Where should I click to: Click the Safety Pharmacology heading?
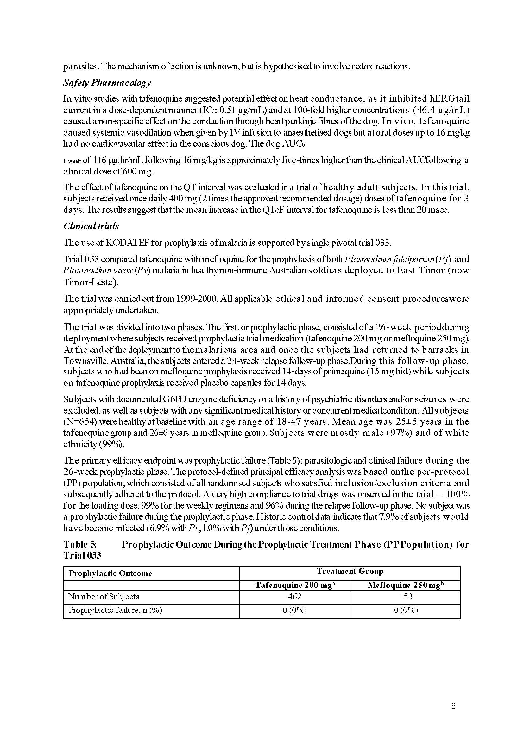[107, 83]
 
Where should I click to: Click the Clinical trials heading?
[91, 226]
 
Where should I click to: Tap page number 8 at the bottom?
[453, 706]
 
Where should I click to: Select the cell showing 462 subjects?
[294, 596]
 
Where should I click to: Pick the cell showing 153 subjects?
[405, 596]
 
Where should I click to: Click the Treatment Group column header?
[350, 571]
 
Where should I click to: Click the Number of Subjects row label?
[104, 596]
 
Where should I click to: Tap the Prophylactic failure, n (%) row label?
[115, 610]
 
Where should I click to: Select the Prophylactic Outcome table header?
[110, 573]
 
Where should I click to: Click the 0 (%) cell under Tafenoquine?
[294, 610]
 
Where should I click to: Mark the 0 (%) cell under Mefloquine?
[405, 610]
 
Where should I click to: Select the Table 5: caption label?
[80, 544]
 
